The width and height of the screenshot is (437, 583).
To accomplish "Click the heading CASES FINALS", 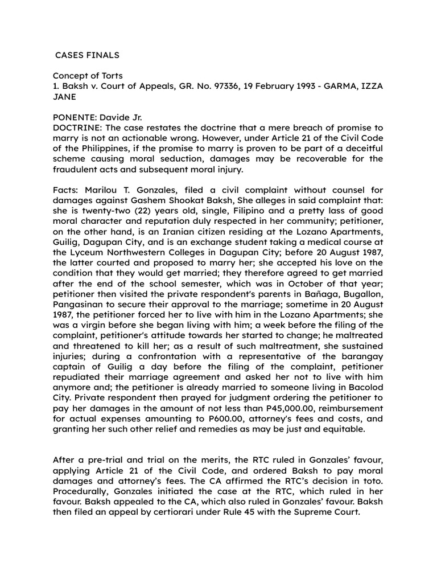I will coord(87,56).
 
